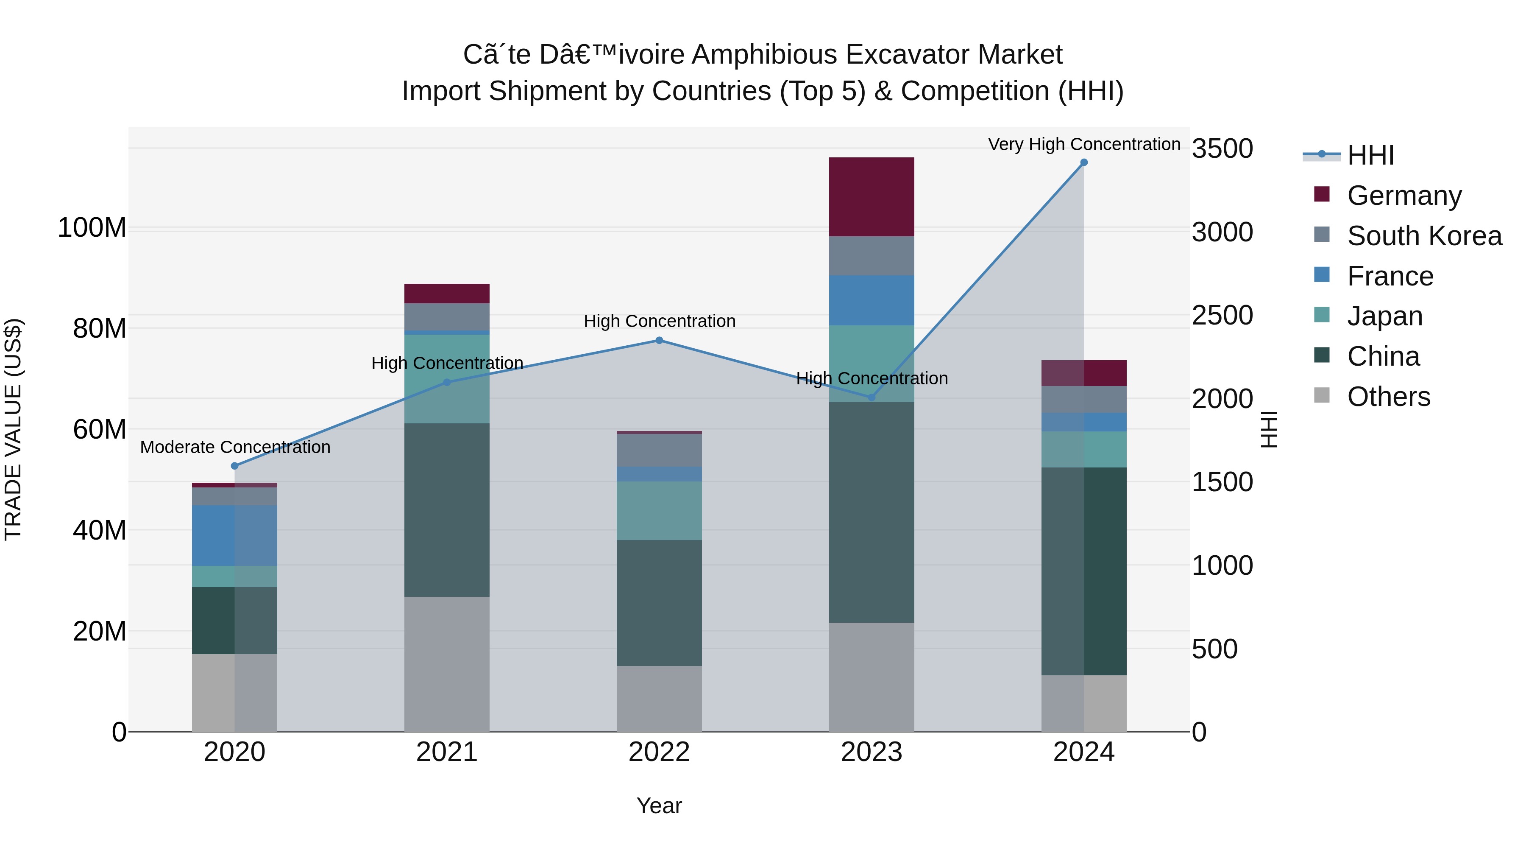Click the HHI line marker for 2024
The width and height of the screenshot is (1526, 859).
1083,162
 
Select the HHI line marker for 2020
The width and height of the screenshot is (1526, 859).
234,466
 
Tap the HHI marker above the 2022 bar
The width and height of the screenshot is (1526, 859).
659,340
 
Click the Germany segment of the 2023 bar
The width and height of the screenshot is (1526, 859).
872,197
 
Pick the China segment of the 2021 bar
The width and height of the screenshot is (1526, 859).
447,510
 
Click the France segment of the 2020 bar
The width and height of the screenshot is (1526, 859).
234,535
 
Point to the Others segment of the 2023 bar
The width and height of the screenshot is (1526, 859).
872,677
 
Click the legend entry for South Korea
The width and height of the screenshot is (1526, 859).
1424,236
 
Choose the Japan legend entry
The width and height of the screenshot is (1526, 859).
1384,316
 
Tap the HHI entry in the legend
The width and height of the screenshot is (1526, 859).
1370,155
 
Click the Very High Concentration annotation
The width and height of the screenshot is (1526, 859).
1083,145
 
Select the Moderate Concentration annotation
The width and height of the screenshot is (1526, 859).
235,447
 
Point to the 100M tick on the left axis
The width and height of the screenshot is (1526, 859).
92,228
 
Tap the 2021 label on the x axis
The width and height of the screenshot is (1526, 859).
447,752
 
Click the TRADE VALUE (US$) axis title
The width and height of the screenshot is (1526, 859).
13,429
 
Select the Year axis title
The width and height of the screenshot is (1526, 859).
659,806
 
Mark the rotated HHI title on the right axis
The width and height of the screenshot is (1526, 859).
1269,429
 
